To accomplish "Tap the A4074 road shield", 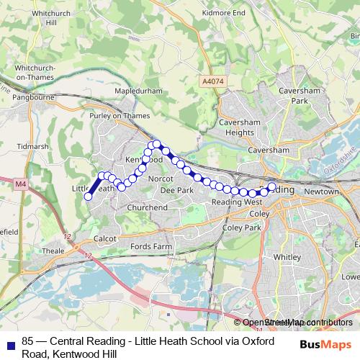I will coord(213,82).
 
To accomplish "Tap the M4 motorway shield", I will coord(19,184).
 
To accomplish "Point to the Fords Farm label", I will coord(151,246).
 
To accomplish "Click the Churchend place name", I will coord(147,207).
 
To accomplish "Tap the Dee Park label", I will coord(176,190).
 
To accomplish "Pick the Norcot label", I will coord(158,178).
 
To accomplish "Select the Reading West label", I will coord(236,203).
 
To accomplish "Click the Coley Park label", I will coord(241,228).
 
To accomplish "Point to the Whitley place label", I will coord(287,257).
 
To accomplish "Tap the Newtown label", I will coord(320,192).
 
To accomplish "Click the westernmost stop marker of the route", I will coord(89,197).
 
